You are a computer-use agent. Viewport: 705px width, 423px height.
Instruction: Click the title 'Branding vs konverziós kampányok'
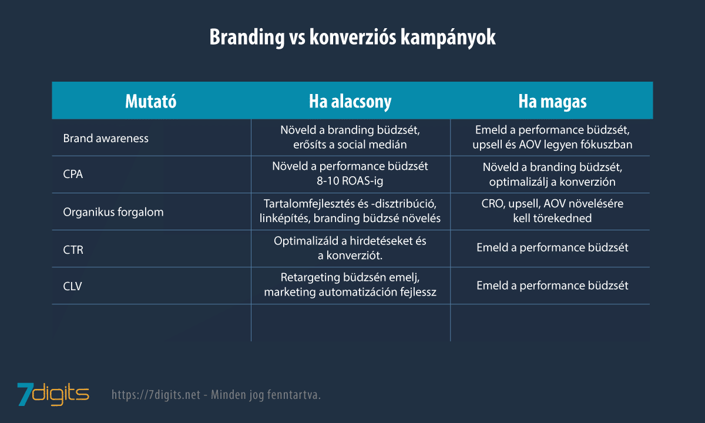352,37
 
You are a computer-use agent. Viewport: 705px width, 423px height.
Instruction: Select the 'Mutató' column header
151,101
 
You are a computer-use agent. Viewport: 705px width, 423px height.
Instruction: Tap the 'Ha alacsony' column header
350,101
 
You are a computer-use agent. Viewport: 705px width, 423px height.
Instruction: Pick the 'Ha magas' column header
552,101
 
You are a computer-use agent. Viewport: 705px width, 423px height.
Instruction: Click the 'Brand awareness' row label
106,138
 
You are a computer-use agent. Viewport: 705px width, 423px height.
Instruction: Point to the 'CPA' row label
73,175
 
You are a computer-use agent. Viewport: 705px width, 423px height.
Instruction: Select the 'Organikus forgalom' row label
113,212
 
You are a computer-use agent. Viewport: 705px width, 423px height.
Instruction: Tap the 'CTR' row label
73,250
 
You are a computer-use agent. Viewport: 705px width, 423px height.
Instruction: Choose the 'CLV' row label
73,286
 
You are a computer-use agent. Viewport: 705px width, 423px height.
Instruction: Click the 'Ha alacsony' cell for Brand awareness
350,137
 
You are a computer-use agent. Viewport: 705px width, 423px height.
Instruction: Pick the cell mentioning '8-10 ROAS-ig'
350,174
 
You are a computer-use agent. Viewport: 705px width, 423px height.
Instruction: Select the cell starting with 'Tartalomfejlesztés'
350,211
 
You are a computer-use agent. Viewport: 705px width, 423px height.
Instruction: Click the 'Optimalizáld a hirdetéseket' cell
350,249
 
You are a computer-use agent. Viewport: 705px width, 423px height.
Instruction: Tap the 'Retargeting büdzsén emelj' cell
350,286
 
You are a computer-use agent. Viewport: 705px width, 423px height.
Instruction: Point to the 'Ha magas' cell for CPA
552,174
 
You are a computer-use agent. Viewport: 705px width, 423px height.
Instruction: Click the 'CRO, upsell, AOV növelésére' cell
552,211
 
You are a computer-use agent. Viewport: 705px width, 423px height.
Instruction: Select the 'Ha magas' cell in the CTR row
552,248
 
